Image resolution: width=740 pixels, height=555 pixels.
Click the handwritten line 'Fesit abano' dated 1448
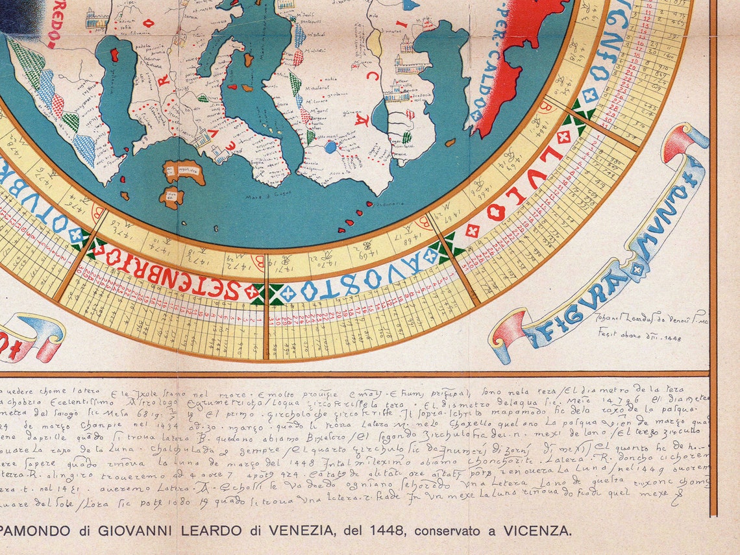coord(639,336)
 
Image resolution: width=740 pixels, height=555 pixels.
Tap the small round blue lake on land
coord(331,147)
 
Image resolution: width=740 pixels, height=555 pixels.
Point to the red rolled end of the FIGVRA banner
coord(510,331)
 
